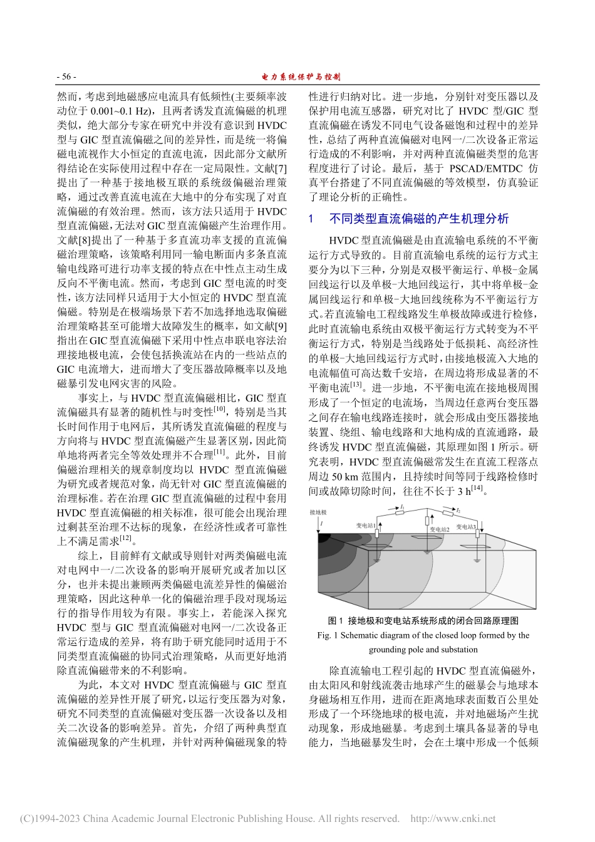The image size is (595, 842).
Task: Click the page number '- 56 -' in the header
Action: pyautogui.click(x=66, y=77)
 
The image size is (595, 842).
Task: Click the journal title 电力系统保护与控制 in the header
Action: pyautogui.click(x=300, y=77)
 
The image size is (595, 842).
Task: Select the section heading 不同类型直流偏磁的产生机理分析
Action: pyautogui.click(x=418, y=219)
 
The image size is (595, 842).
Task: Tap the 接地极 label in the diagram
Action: pyautogui.click(x=318, y=512)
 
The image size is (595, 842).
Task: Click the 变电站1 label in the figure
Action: pyautogui.click(x=368, y=525)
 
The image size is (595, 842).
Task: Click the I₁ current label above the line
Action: pyautogui.click(x=402, y=506)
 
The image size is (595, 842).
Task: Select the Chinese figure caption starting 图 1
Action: pyautogui.click(x=423, y=621)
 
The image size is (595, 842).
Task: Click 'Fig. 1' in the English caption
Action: pyautogui.click(x=329, y=635)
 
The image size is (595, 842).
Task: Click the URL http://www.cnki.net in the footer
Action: pyautogui.click(x=452, y=818)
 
